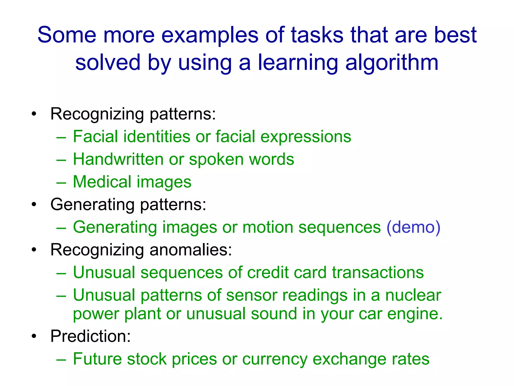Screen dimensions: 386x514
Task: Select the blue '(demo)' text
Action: tap(413, 227)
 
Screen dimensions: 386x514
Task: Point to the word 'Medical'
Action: tap(102, 182)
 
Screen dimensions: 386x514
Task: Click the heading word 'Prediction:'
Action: tap(91, 336)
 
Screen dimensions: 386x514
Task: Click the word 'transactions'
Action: tap(378, 272)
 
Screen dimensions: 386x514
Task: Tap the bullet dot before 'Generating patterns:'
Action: tap(34, 205)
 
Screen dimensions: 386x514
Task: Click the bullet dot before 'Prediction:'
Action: tap(34, 336)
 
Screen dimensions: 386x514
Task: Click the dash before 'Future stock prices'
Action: tap(61, 359)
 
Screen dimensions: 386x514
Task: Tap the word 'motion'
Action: tap(268, 227)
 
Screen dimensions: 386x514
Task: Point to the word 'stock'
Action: tap(147, 359)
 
